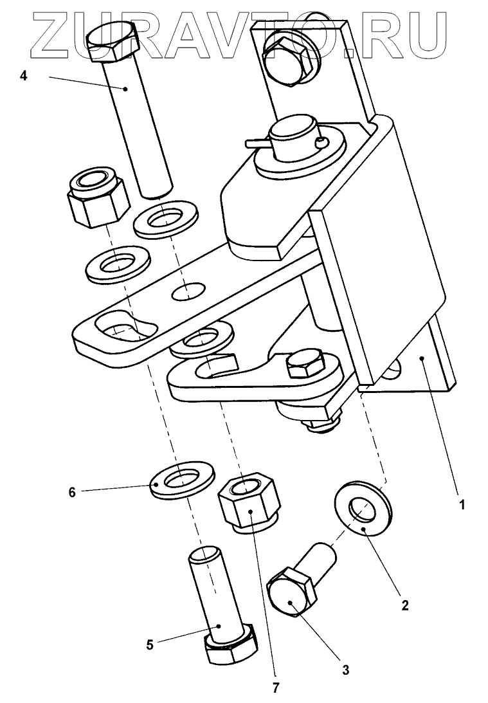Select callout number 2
click(404, 605)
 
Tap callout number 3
click(345, 670)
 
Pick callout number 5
click(150, 644)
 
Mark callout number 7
click(276, 688)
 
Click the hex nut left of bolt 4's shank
click(96, 196)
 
